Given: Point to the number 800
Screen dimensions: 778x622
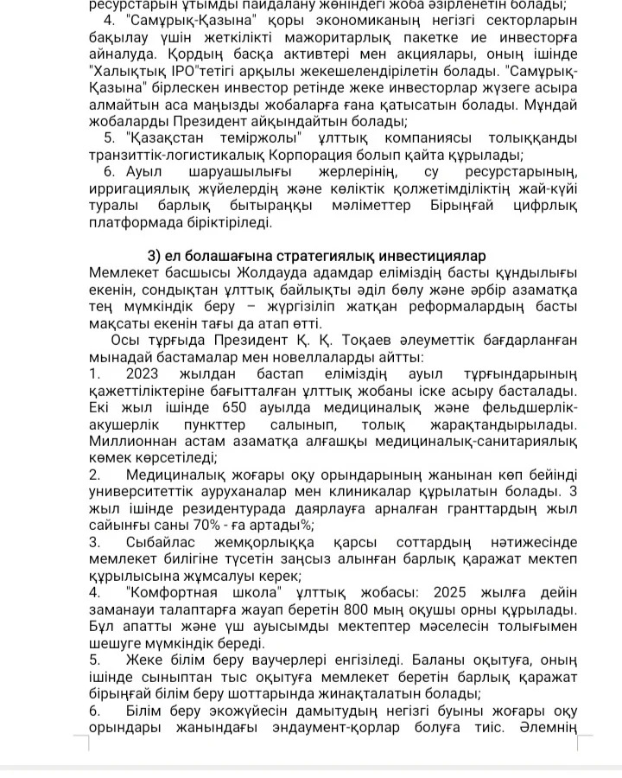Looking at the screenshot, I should coord(363,610).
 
